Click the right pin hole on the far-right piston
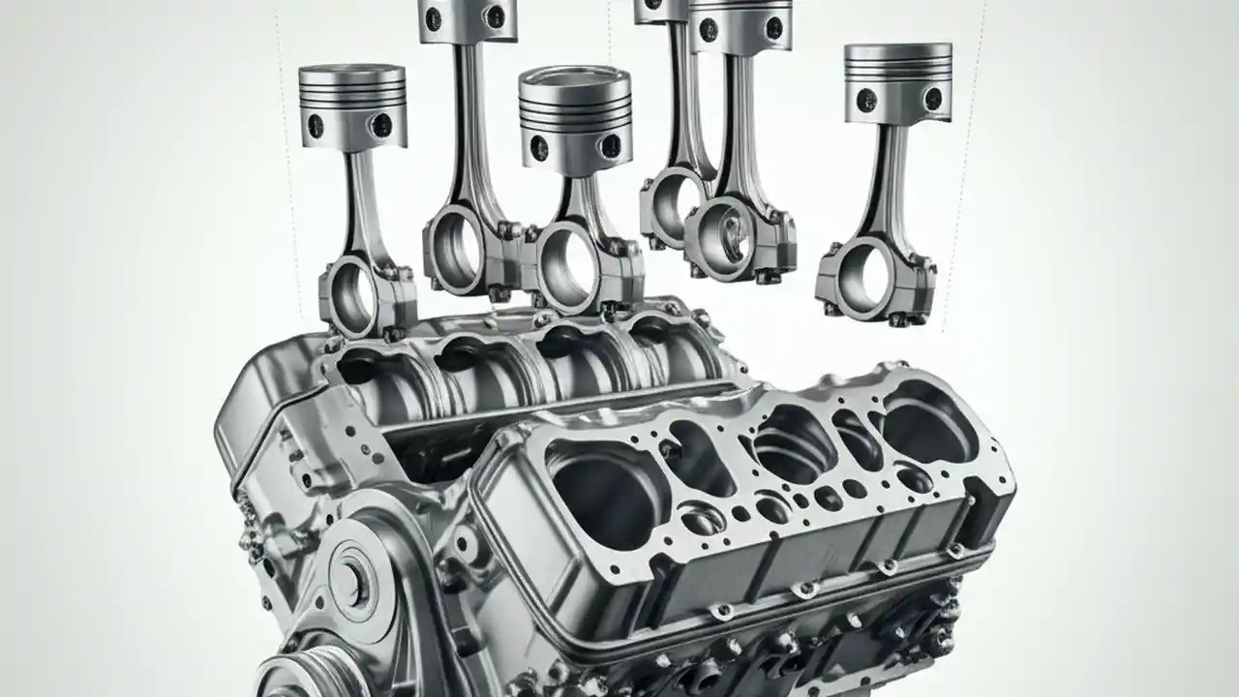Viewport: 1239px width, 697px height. (x=932, y=99)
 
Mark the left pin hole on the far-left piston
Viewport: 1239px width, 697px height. (x=315, y=124)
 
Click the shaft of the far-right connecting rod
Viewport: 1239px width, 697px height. (x=887, y=184)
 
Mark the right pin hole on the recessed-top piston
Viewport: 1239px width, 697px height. (x=611, y=146)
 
